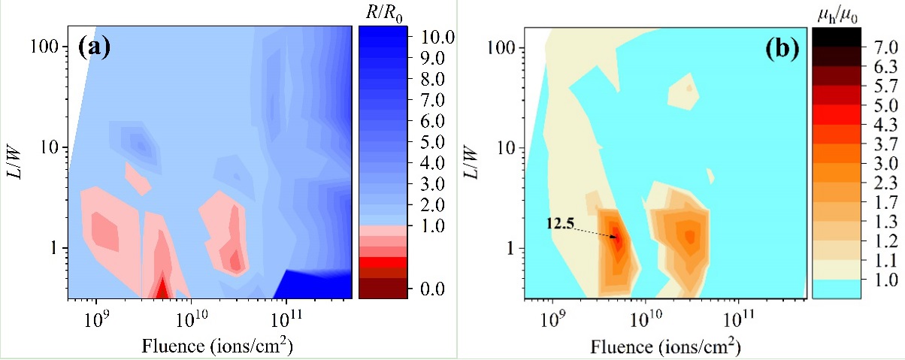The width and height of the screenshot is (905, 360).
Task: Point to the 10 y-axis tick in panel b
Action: [508, 147]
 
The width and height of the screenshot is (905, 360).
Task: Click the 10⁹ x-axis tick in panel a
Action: [96, 319]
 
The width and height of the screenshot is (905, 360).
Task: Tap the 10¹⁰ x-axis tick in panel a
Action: [190, 319]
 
